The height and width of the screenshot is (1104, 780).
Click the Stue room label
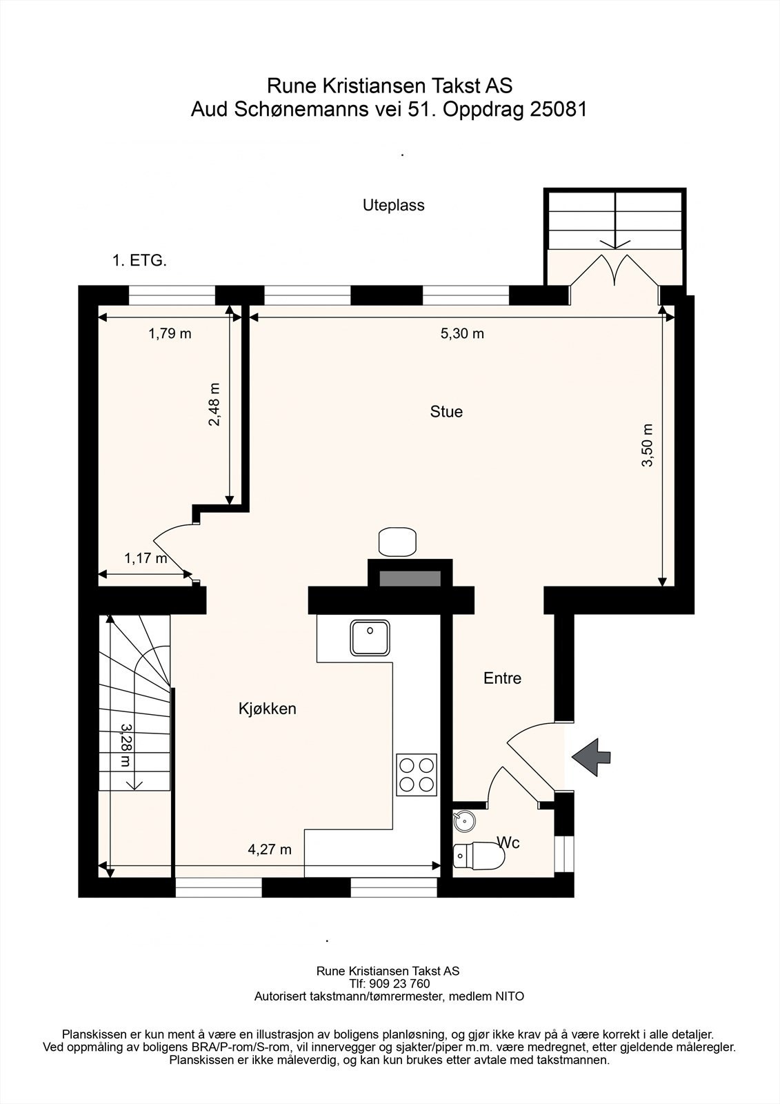coord(446,411)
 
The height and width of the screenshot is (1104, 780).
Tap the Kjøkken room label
coord(268,709)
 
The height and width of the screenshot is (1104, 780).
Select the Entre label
coord(502,678)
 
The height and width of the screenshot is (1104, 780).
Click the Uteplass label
coord(394,205)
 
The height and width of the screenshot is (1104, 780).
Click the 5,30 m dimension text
coord(462,334)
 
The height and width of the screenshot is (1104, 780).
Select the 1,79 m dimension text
coord(170,334)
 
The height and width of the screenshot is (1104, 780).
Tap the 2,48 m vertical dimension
coord(214,404)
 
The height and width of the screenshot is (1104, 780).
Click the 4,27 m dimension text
coord(270,849)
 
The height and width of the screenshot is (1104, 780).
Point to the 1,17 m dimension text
coord(146,558)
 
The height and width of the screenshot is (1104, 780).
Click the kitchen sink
coord(370,638)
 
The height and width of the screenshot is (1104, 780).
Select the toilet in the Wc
coord(479,856)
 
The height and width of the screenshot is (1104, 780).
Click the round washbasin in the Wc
coord(463,820)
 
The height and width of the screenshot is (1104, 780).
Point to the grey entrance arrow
coord(591,758)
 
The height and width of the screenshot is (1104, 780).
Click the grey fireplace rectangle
coord(410,579)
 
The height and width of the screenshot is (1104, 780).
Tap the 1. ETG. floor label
coord(139,261)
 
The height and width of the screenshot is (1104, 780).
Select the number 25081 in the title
coord(559,110)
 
